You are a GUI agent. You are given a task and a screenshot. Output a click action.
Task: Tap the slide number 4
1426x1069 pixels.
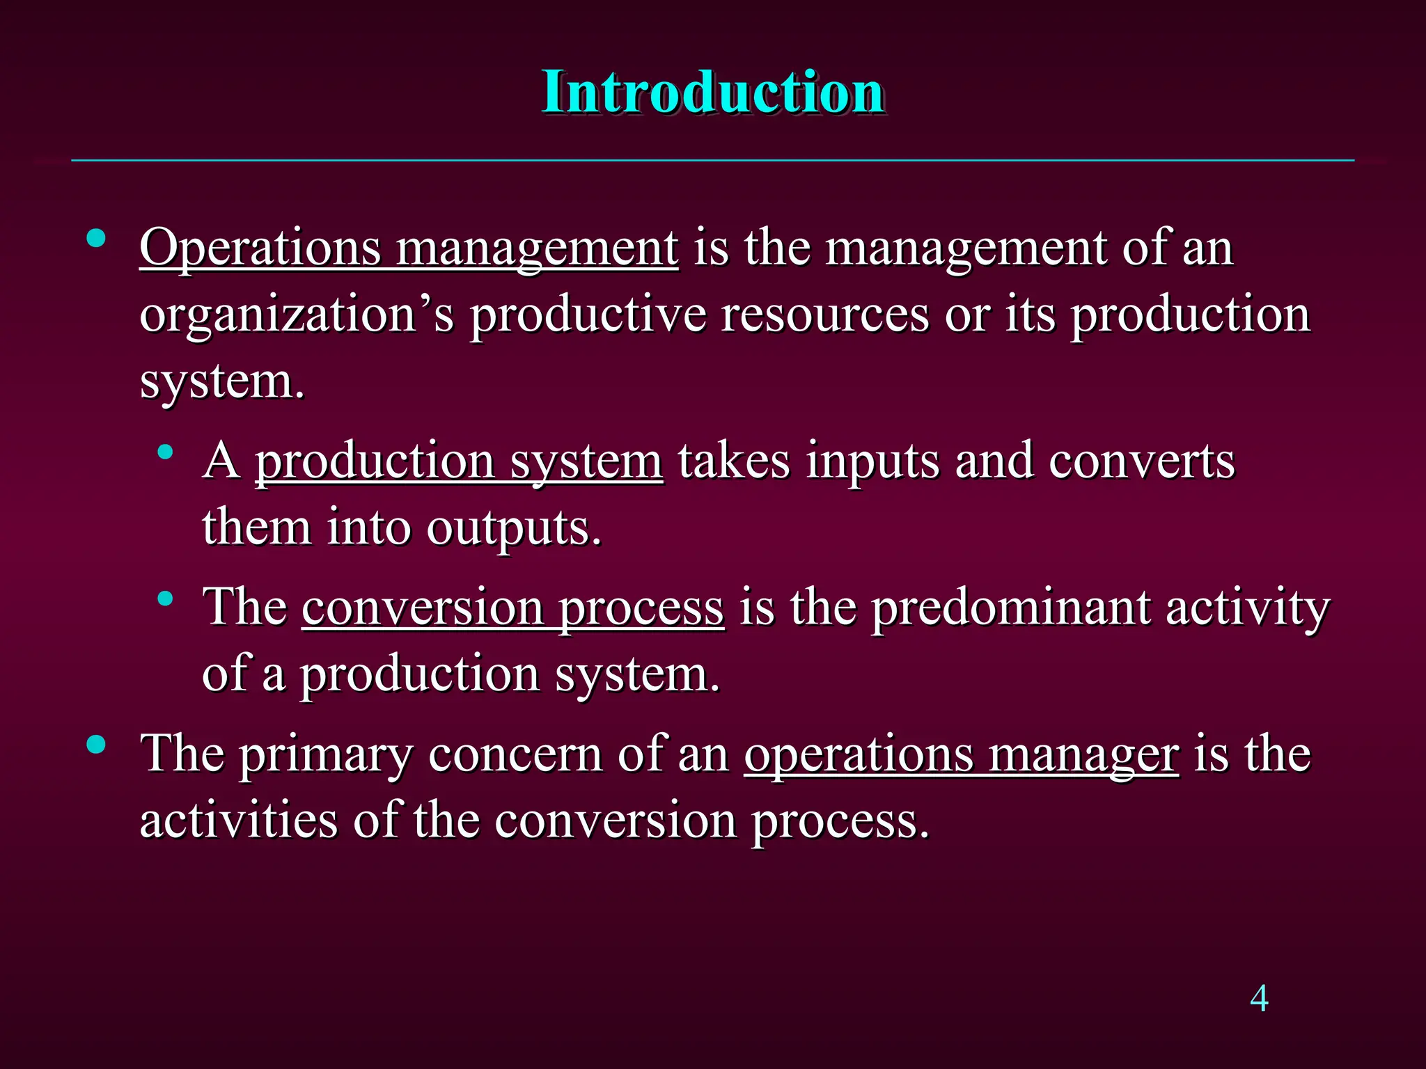[x=1259, y=999]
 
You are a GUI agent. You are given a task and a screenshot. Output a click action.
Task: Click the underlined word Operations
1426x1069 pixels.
[x=260, y=248]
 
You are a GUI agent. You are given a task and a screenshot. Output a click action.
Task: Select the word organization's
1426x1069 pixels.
[x=297, y=315]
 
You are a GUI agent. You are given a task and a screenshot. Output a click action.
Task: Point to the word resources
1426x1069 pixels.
[x=824, y=315]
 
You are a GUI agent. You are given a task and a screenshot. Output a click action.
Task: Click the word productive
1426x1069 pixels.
[x=587, y=315]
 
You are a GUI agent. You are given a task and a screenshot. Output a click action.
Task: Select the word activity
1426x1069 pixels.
[x=1248, y=608]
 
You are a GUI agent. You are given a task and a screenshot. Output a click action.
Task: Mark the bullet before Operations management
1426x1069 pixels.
[x=96, y=240]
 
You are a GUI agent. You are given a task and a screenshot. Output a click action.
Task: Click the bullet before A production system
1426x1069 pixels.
[x=165, y=453]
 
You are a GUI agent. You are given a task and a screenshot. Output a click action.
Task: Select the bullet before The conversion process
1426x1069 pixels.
[x=165, y=599]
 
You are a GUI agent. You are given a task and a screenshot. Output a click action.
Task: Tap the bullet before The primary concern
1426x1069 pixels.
[x=96, y=745]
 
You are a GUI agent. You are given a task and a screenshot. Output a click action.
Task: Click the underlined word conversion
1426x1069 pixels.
[x=423, y=608]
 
